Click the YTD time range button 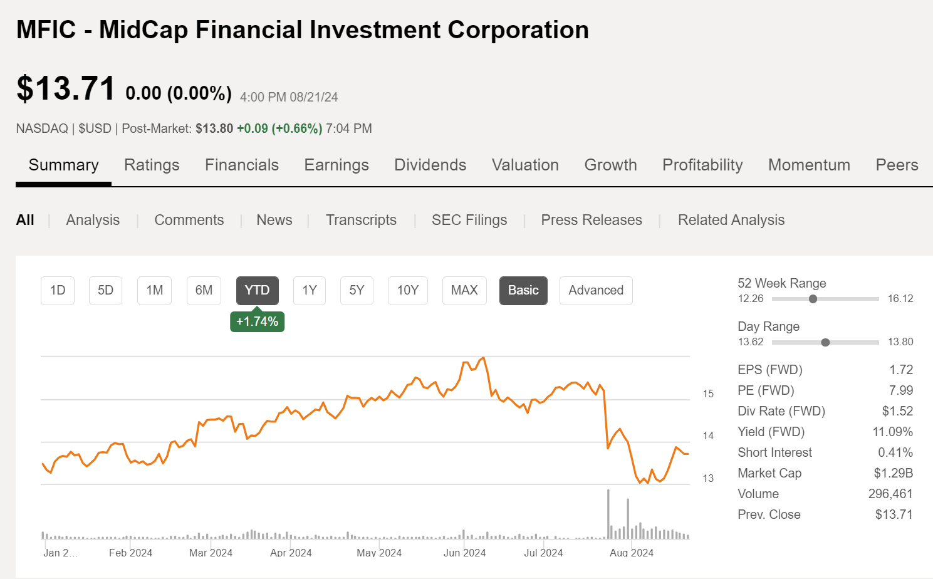click(257, 291)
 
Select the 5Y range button click(357, 291)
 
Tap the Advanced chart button click(595, 291)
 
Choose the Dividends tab click(430, 165)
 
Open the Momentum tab click(808, 165)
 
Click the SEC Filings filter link click(469, 220)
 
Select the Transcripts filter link click(361, 220)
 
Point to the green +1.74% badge click(257, 321)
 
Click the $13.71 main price click(66, 88)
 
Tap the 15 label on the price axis click(708, 394)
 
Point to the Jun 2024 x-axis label click(464, 553)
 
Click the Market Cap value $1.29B click(893, 473)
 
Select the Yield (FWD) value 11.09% click(892, 432)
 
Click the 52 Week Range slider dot click(813, 299)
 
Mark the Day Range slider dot click(825, 342)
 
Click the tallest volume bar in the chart click(608, 514)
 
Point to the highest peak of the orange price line click(483, 358)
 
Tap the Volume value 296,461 click(890, 494)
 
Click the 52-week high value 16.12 click(900, 299)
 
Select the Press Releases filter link click(591, 220)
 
